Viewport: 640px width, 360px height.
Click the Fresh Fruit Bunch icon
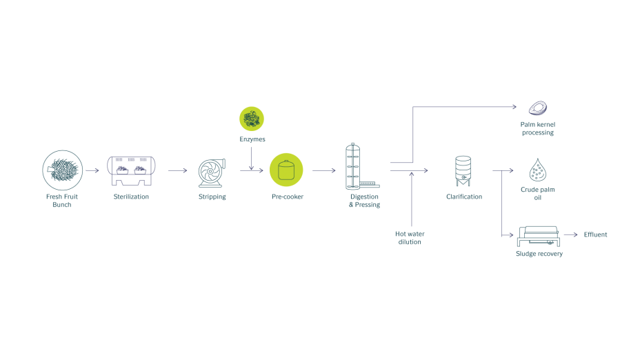point(63,170)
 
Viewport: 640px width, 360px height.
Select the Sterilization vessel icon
point(131,170)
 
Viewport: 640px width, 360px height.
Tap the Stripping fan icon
point(212,173)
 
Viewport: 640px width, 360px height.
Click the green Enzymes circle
point(252,119)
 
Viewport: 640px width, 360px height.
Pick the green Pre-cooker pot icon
point(286,170)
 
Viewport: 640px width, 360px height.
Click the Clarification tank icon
point(463,171)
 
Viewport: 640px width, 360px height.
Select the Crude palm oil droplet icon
point(537,170)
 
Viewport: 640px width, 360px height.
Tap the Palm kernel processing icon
point(537,108)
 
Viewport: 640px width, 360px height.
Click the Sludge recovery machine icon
point(539,237)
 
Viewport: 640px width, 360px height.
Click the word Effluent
point(595,234)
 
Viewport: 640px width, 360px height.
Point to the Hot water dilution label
point(410,237)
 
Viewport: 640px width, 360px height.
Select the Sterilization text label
point(131,197)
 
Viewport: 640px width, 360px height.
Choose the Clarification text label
point(464,197)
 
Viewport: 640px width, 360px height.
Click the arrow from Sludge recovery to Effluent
point(571,234)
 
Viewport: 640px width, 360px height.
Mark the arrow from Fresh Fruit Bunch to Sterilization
point(92,170)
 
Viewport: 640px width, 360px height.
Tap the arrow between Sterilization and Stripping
point(177,170)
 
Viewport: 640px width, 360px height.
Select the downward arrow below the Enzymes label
point(252,159)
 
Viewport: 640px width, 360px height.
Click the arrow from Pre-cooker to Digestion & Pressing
point(324,170)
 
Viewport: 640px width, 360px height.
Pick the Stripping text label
point(212,197)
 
